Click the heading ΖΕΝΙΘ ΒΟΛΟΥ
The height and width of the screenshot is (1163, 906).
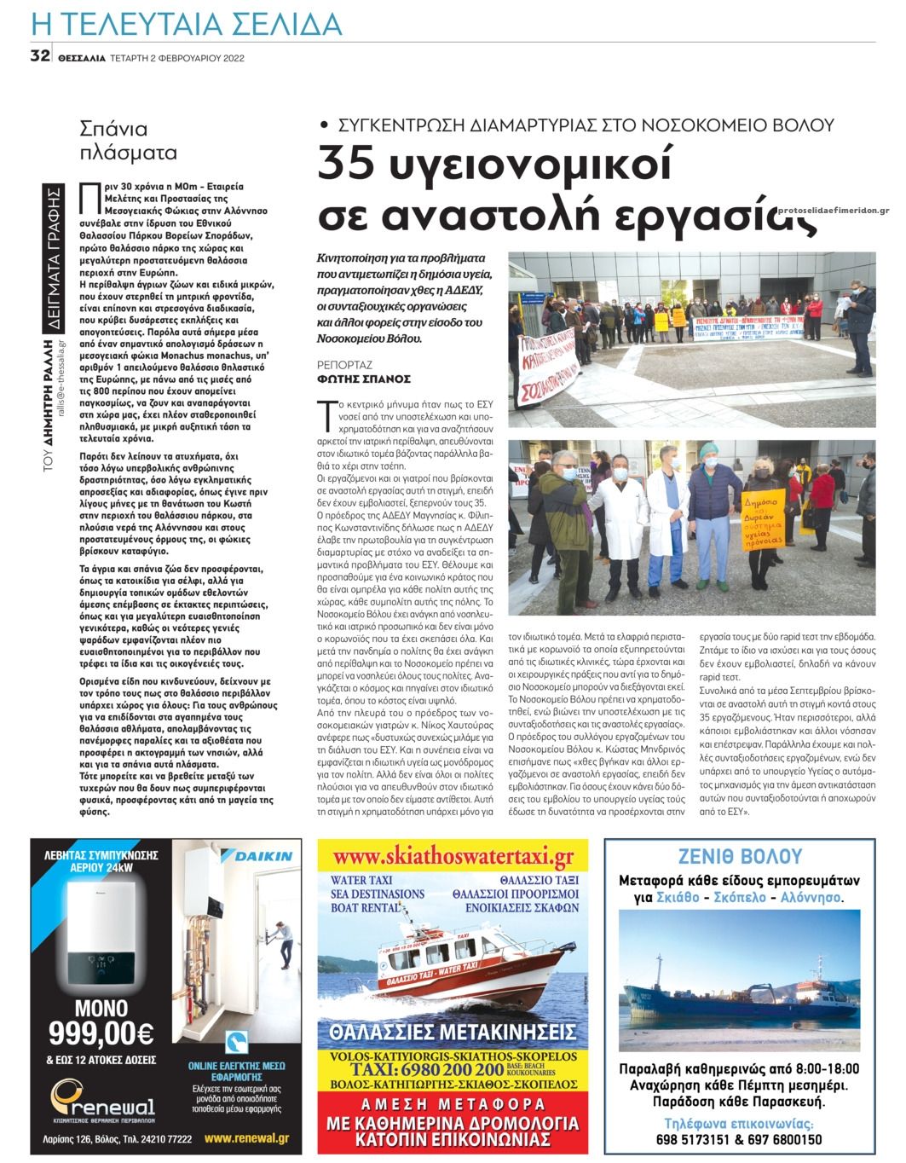tap(739, 857)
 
